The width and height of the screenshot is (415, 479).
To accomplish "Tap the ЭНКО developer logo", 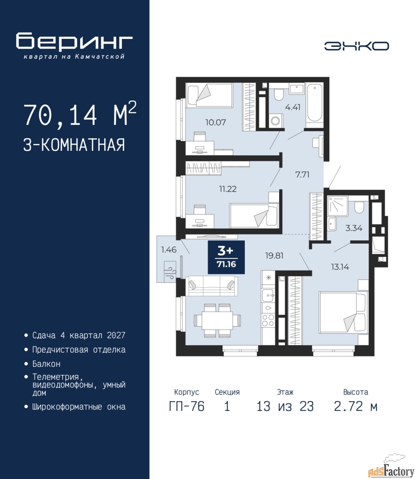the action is point(356,46).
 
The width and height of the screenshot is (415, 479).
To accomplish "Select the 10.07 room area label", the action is point(216,122).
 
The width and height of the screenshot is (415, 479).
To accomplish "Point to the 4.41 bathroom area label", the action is point(293,107).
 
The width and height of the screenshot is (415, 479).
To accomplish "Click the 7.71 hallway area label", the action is point(302,174).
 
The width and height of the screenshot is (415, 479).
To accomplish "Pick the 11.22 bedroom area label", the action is point(228,189).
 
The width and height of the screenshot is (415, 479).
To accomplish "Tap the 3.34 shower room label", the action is point(354,228).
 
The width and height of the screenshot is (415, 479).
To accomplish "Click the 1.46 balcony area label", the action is point(169,250).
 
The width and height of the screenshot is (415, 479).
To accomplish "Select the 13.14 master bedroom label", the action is point(340,267).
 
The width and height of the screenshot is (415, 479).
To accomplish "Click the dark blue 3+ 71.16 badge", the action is point(226,257).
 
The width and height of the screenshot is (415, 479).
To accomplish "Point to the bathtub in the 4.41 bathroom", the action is point(314,105).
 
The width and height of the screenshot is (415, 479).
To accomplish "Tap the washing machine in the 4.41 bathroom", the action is point(276,120).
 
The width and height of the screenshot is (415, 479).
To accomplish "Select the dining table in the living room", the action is point(217,320).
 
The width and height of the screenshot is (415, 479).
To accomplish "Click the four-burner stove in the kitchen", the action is point(268,320).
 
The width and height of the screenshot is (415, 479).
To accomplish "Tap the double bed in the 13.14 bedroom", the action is point(344,313).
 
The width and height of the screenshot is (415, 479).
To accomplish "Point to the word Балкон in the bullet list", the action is point(46,364).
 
